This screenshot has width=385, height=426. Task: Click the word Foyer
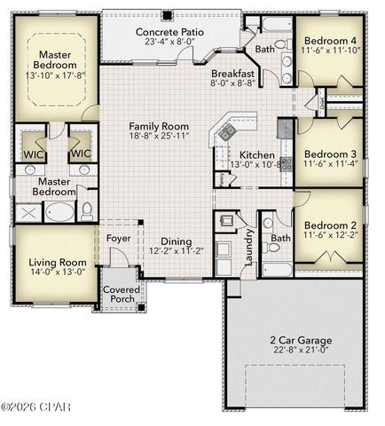(x=120, y=238)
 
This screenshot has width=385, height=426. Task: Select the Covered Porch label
(x=119, y=294)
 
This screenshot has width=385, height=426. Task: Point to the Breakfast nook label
(x=233, y=75)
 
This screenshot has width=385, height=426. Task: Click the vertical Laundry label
(x=251, y=248)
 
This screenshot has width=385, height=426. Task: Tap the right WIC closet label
(x=81, y=153)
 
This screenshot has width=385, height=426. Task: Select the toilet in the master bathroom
(x=88, y=212)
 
